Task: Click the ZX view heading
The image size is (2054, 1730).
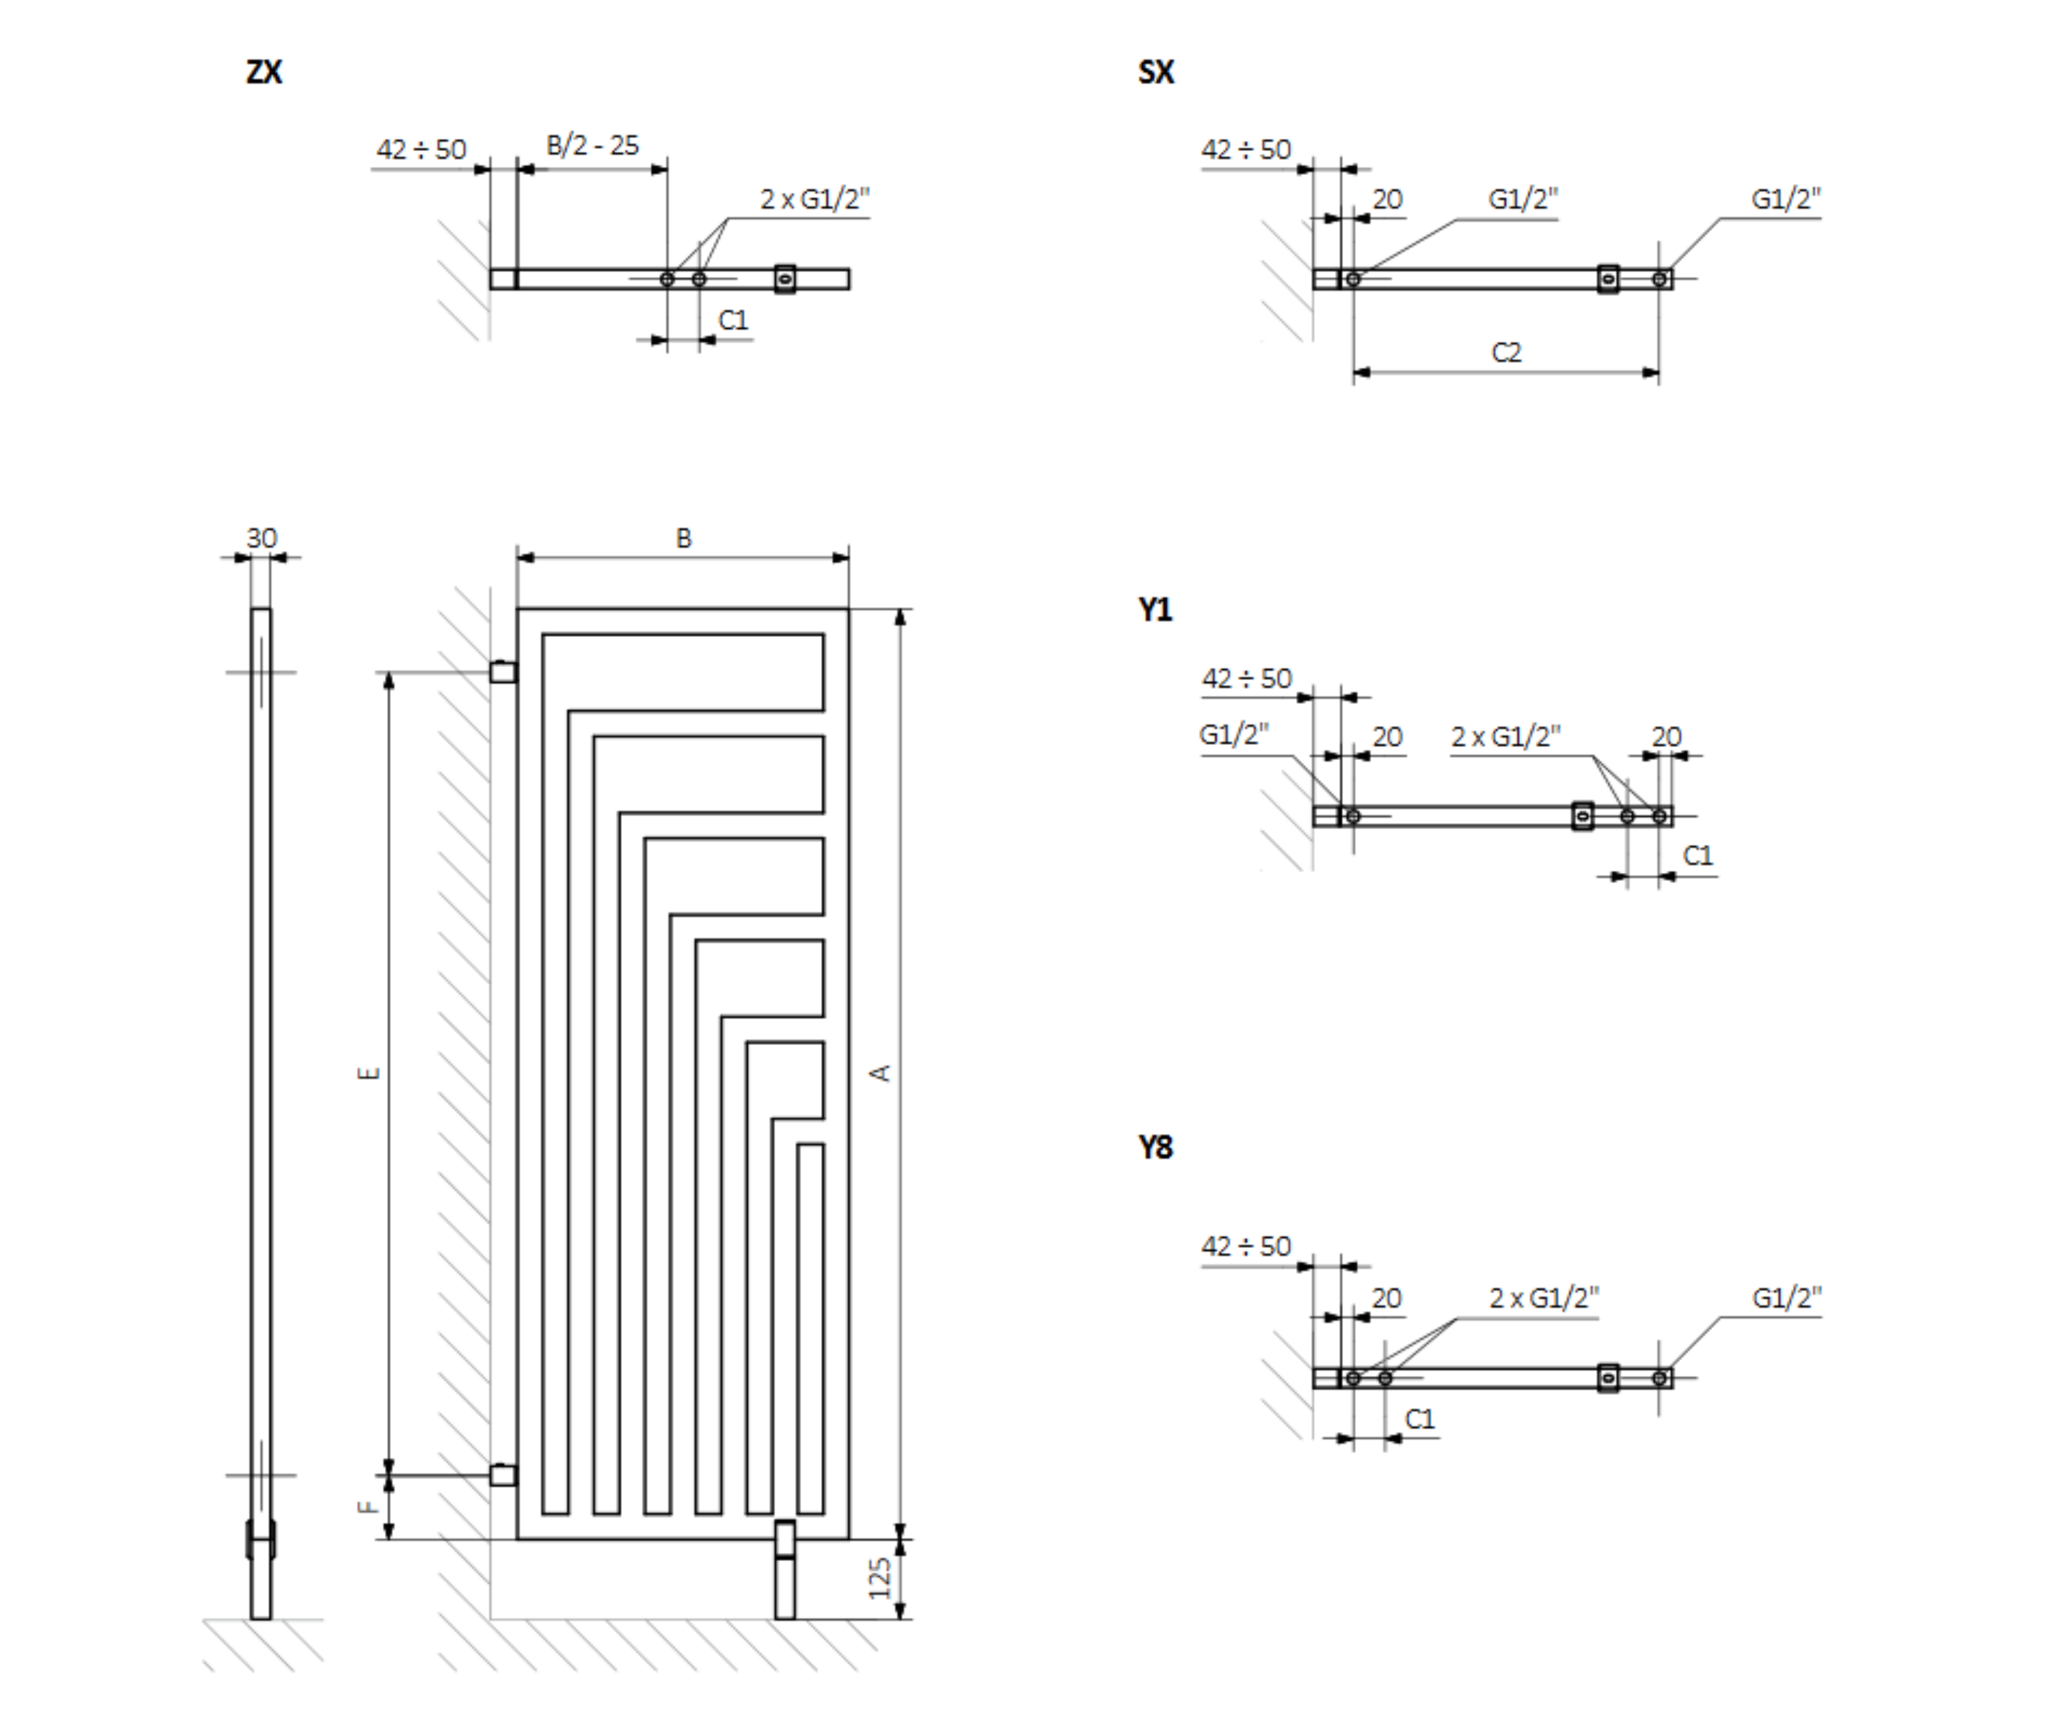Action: (x=264, y=71)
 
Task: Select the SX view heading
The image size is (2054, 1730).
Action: (x=1156, y=71)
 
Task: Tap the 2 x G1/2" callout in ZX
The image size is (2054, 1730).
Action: (x=814, y=199)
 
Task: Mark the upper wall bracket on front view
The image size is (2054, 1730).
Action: (x=503, y=672)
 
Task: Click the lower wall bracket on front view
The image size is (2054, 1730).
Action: (x=503, y=1475)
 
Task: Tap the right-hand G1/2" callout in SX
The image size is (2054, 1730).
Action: (x=1786, y=199)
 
